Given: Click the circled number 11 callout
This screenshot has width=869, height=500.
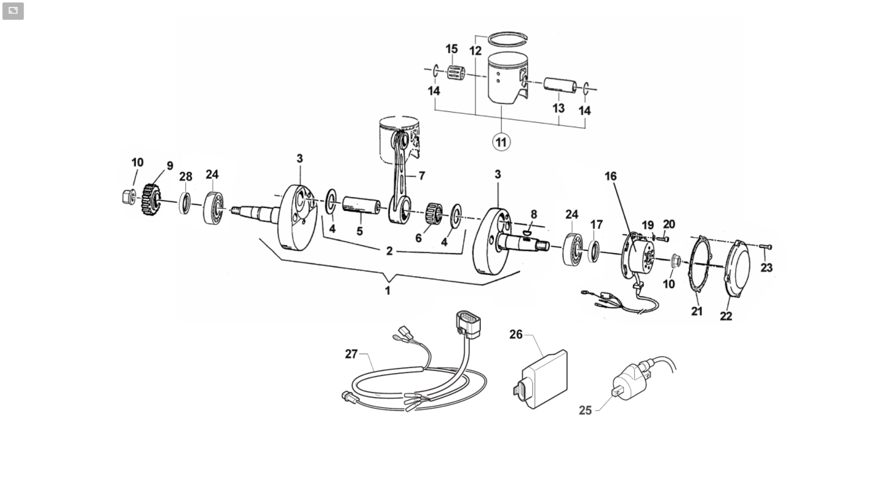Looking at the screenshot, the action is click(501, 142).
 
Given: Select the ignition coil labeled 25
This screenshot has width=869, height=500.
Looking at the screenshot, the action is click(632, 380).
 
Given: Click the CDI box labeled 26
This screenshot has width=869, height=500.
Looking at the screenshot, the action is click(540, 379).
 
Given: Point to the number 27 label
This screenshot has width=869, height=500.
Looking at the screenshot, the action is click(351, 354).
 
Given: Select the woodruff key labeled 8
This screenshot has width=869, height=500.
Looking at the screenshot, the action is click(526, 233).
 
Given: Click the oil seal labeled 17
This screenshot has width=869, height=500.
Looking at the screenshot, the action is click(594, 251).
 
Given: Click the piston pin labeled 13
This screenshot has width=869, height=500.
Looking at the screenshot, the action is click(560, 86).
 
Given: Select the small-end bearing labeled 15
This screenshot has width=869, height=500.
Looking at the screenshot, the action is click(456, 72).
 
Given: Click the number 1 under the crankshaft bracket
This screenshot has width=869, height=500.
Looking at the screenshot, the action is click(388, 290).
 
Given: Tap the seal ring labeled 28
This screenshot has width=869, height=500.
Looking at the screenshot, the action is click(185, 203).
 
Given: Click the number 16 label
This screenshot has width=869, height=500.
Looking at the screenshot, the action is click(610, 177).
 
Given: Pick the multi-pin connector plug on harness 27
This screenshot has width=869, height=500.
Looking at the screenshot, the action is click(469, 322).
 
